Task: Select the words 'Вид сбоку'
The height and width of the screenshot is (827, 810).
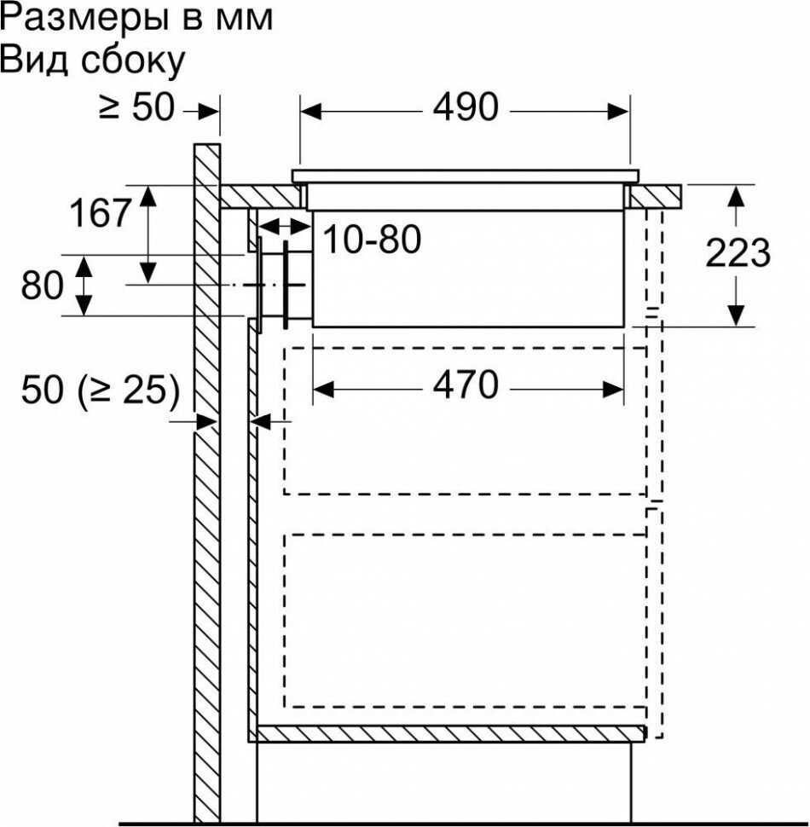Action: [x=92, y=61]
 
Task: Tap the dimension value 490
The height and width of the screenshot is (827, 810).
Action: [x=465, y=108]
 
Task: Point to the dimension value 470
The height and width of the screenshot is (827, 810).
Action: [x=465, y=386]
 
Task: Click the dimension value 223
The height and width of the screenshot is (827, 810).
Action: [x=738, y=254]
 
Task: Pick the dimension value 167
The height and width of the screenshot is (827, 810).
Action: [x=100, y=213]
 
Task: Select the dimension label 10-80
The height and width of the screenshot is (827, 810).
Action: [x=372, y=241]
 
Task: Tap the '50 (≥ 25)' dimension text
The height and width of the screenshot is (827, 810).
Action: [x=101, y=390]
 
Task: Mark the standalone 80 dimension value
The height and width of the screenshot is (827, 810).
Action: [x=43, y=286]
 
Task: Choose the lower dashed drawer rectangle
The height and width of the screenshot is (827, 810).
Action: [x=465, y=620]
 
